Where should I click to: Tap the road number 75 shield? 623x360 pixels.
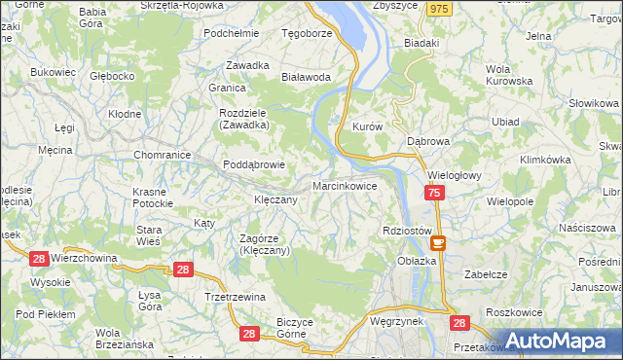(434, 195)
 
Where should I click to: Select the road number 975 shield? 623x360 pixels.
(440, 8)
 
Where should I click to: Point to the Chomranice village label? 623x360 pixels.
(162, 154)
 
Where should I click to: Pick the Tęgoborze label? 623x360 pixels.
(307, 32)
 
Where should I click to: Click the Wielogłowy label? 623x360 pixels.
(456, 176)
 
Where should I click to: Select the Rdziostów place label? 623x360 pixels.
(408, 231)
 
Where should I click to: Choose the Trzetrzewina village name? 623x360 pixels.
(235, 297)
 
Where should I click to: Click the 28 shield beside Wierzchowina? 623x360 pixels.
(39, 258)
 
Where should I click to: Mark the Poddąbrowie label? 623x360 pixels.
(253, 164)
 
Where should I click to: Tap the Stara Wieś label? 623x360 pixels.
(148, 235)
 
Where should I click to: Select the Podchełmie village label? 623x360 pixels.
(231, 32)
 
